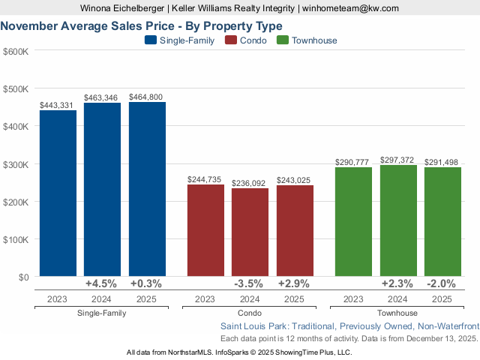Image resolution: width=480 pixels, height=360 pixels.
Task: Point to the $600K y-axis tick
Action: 16,51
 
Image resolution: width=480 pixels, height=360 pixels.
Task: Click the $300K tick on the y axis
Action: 16,164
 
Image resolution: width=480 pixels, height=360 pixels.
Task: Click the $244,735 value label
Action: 205,179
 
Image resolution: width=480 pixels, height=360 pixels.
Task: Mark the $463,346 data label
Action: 102,97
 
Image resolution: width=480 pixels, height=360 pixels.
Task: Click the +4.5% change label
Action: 102,284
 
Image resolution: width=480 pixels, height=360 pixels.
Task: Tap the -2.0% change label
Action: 442,284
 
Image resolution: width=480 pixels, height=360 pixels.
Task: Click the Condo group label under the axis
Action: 250,313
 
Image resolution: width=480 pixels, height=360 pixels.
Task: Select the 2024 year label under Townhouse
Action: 398,299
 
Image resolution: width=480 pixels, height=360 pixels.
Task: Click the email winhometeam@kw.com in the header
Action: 349,8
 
